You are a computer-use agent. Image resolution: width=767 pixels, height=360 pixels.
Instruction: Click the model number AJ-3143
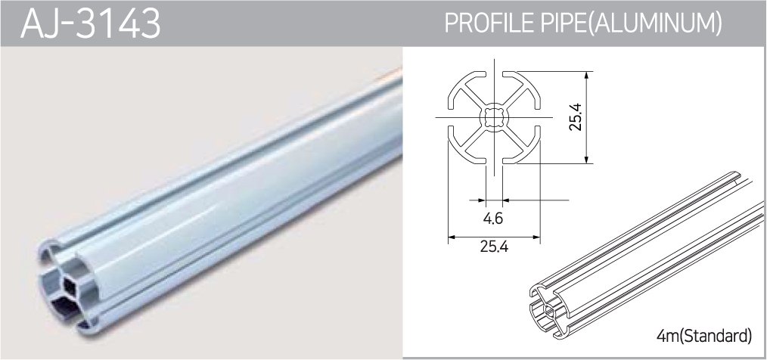[x=91, y=23]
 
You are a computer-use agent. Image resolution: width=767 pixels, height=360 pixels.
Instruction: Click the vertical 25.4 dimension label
[x=576, y=117]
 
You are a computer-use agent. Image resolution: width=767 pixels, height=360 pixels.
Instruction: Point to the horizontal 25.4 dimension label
[x=494, y=247]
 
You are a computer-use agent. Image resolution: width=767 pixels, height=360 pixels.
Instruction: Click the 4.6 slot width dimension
[x=493, y=218]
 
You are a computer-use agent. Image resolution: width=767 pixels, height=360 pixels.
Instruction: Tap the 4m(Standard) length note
[x=705, y=336]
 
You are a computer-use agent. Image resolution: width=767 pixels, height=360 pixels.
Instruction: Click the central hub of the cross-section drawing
[x=495, y=117]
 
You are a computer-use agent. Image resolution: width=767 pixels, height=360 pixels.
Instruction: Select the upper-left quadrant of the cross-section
[x=467, y=91]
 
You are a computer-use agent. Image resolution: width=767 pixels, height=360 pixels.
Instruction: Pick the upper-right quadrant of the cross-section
[x=521, y=91]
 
